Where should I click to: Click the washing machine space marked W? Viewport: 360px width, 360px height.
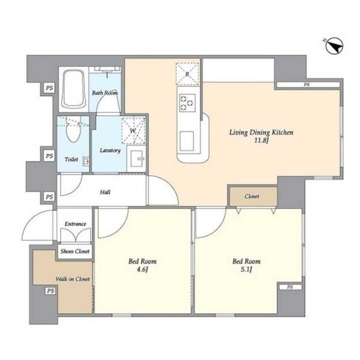click(x=134, y=131)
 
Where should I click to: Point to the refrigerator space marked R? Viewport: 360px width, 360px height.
click(x=187, y=74)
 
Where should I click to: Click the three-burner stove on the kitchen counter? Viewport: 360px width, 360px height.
click(x=187, y=102)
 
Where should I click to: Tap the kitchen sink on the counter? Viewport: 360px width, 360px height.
click(x=187, y=141)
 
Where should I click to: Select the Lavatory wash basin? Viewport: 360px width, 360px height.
click(x=137, y=158)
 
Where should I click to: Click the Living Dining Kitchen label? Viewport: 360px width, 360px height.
click(x=261, y=132)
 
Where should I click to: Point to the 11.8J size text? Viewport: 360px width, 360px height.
click(x=261, y=140)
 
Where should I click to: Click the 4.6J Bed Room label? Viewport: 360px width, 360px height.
click(x=142, y=265)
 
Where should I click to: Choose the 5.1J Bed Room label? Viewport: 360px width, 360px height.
click(x=246, y=265)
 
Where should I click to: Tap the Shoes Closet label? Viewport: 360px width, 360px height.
click(x=75, y=252)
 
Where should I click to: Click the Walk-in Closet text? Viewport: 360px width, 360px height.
click(x=73, y=279)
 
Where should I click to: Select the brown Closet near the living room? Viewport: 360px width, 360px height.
click(x=253, y=196)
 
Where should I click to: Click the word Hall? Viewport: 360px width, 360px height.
click(x=105, y=192)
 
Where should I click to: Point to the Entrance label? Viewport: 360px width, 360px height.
click(x=75, y=224)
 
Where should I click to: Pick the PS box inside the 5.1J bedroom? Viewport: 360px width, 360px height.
click(x=290, y=287)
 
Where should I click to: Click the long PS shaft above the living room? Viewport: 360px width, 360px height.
click(x=308, y=85)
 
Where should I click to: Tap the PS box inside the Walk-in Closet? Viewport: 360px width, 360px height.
click(x=51, y=291)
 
